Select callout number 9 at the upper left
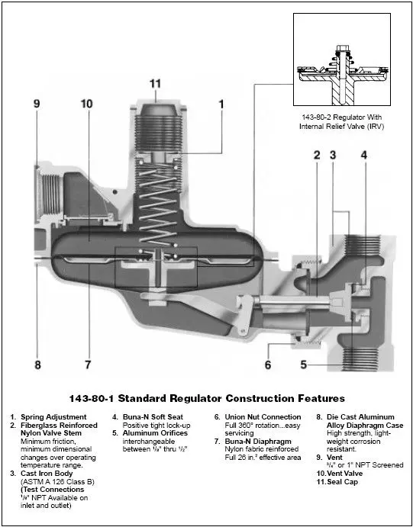tap(36, 103)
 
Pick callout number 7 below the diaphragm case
tap(88, 365)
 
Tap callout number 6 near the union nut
tap(267, 365)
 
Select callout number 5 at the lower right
tap(303, 365)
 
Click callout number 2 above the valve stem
tap(316, 156)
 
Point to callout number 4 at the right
tap(364, 156)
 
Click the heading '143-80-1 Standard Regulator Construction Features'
tap(208, 398)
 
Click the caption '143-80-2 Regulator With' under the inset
tap(341, 116)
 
